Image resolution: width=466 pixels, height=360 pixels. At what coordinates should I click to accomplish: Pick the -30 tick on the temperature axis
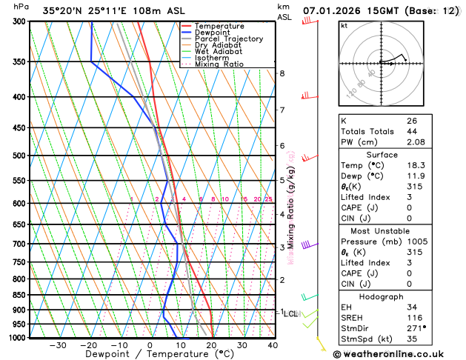pyautogui.click(x=57, y=345)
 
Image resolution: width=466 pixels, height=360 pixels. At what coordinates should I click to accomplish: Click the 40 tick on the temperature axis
pyautogui.click(x=273, y=345)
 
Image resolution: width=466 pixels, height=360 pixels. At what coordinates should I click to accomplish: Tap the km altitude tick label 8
pyautogui.click(x=282, y=73)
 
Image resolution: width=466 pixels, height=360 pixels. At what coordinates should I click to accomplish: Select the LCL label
pyautogui.click(x=290, y=314)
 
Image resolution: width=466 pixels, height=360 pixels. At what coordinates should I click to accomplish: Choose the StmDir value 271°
pyautogui.click(x=416, y=327)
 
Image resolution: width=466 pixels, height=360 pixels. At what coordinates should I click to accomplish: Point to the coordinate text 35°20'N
pyautogui.click(x=64, y=11)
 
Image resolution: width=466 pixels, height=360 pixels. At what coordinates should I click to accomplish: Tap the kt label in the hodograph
pyautogui.click(x=344, y=25)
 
